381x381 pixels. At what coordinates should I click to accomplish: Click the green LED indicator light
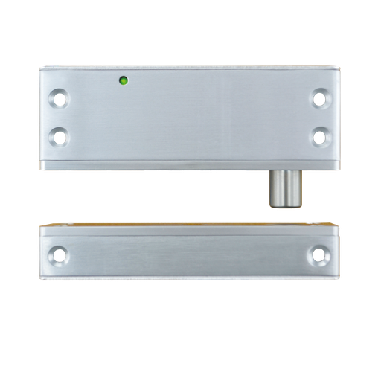pyautogui.click(x=123, y=80)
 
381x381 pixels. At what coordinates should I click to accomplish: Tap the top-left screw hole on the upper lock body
pyautogui.click(x=58, y=97)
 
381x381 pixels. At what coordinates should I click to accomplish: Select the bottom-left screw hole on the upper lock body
pyautogui.click(x=58, y=136)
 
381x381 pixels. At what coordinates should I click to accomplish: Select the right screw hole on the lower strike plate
pyautogui.click(x=318, y=255)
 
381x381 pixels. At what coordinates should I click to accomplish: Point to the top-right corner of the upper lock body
pyautogui.click(x=342, y=66)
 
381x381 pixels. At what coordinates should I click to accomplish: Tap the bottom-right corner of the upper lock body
pyautogui.click(x=342, y=169)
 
